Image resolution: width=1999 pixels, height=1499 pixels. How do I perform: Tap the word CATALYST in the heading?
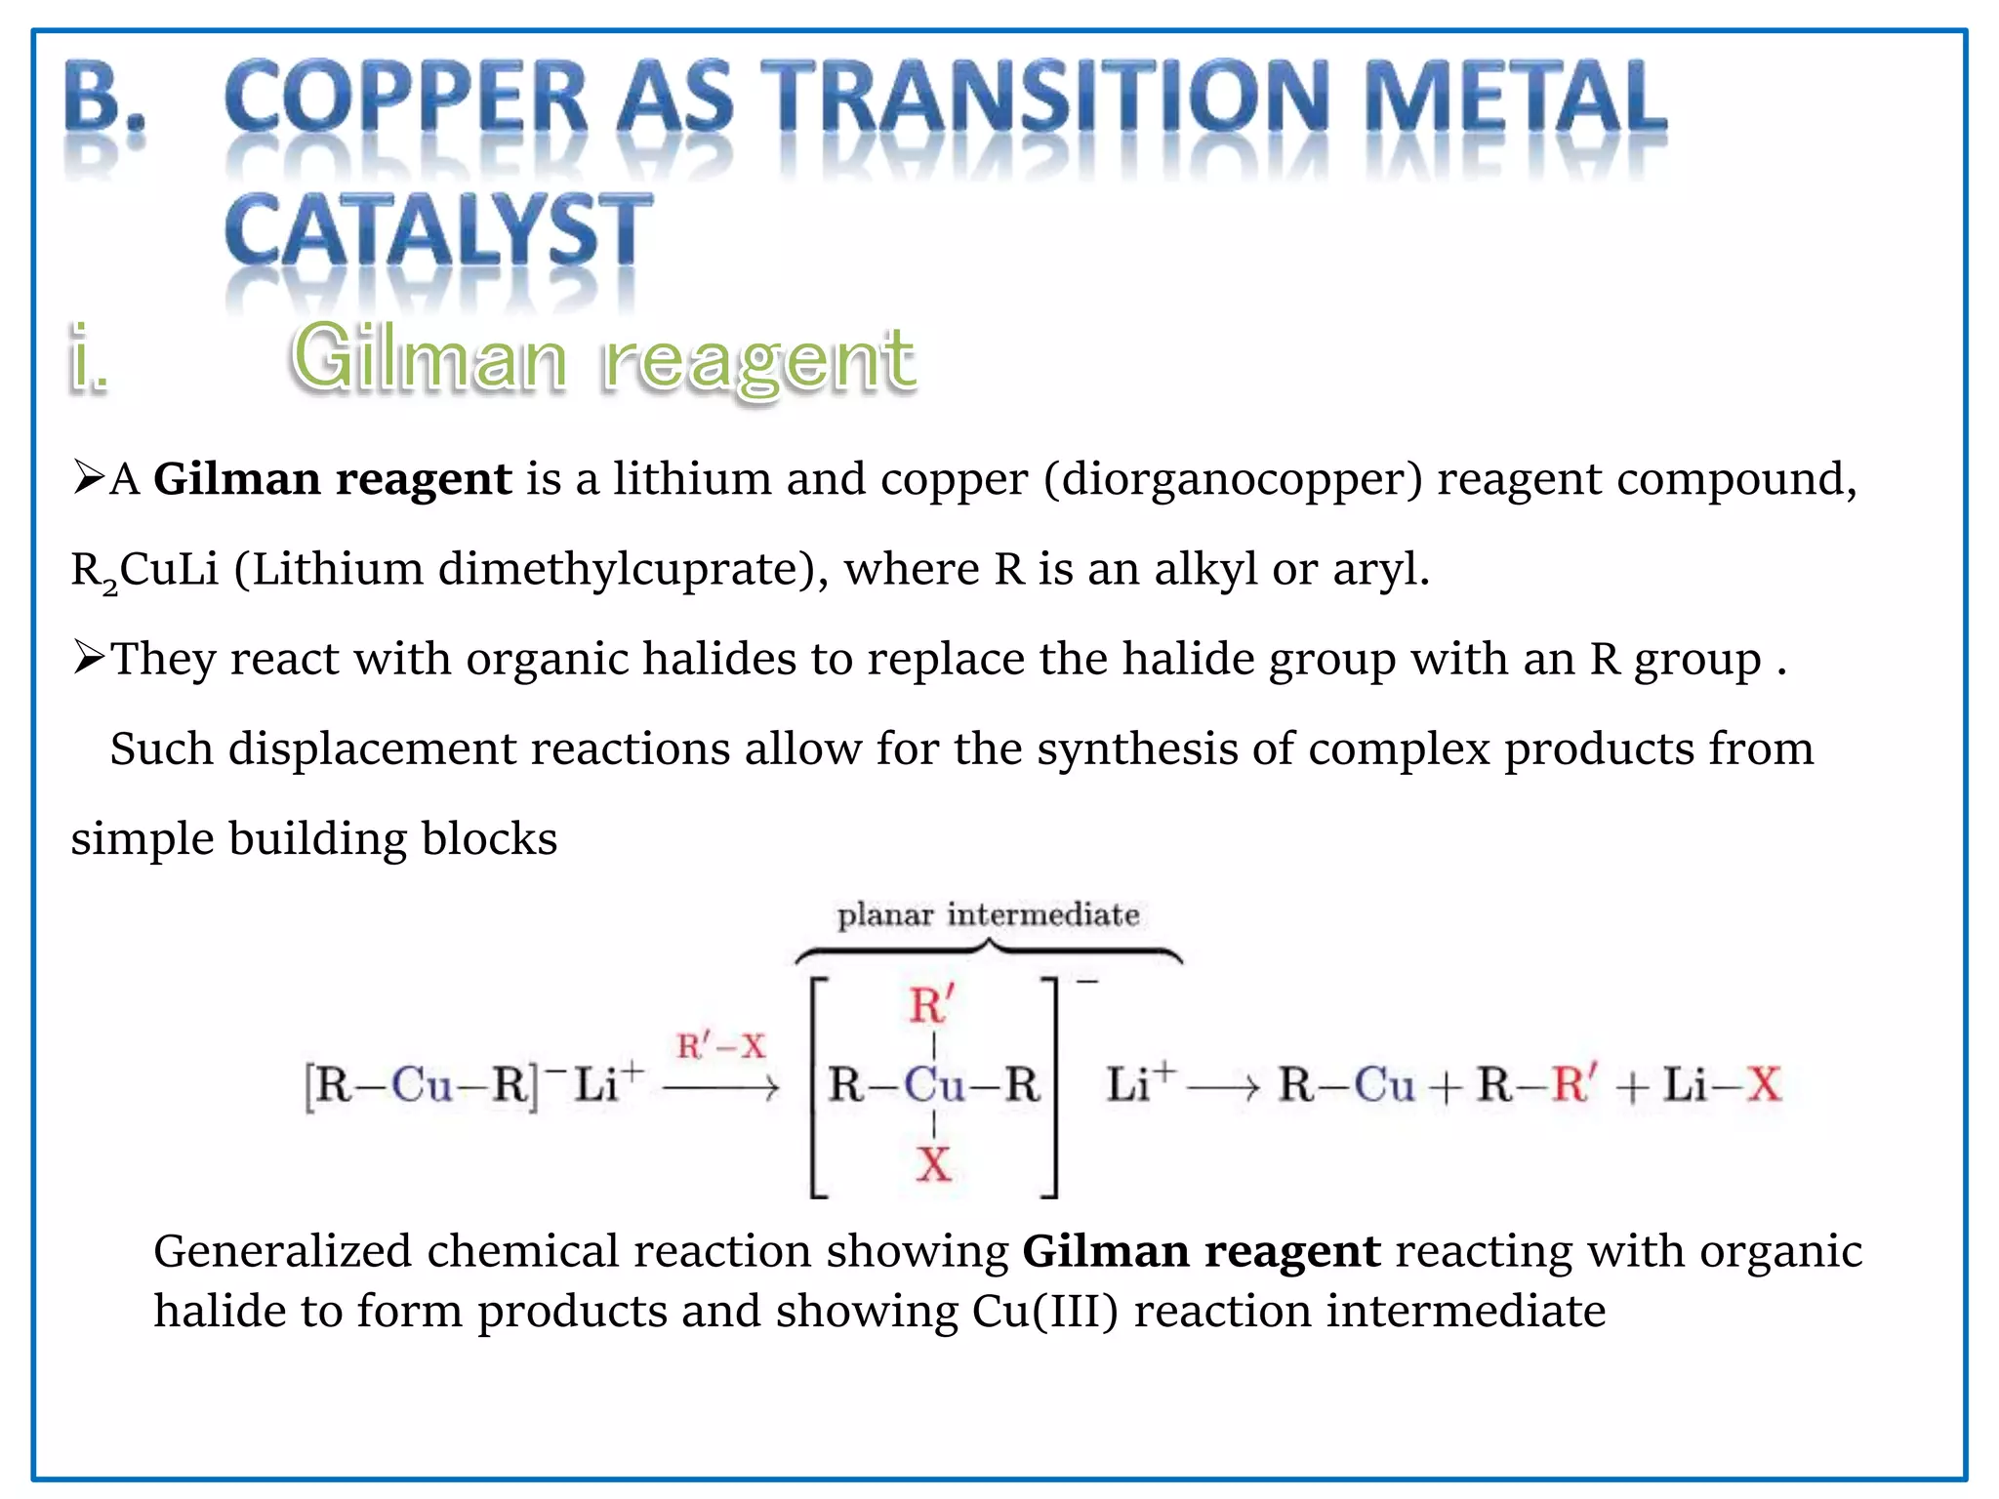pos(438,230)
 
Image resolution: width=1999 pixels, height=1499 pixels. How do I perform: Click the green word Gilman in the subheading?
pos(429,357)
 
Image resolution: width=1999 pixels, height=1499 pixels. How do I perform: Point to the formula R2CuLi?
pos(144,570)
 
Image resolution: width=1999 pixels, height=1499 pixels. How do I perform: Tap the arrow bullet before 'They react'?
pos(89,658)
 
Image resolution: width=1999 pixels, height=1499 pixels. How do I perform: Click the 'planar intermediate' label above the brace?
pos(988,915)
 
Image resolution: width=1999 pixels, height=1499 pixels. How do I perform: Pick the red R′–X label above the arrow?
pos(721,1047)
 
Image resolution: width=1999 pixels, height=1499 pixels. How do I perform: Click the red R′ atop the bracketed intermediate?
pos(931,1005)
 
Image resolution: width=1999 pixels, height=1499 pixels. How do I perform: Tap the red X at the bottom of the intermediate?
pos(933,1165)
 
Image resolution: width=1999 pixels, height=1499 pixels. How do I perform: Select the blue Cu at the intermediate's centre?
pos(934,1085)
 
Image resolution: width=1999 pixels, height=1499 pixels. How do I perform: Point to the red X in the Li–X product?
pos(1763,1085)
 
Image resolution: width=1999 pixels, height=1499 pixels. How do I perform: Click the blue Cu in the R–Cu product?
pos(1384,1085)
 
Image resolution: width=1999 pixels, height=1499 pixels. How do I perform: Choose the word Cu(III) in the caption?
pos(1044,1312)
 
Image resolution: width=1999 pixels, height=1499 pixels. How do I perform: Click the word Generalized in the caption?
pos(282,1252)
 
